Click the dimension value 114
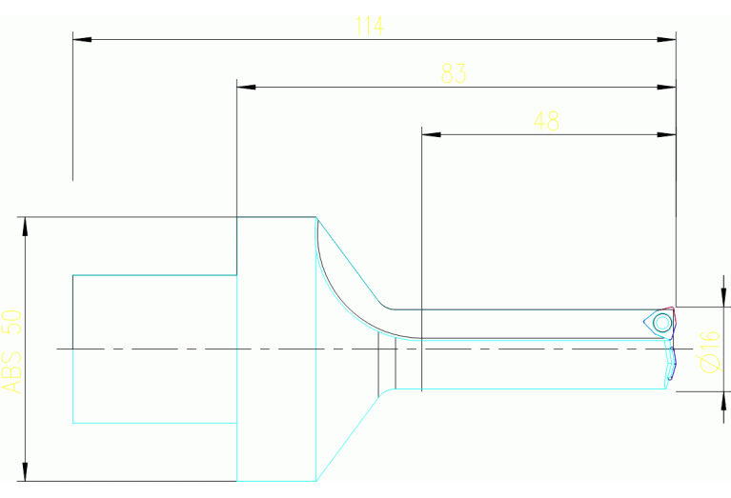[369, 26]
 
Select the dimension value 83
[454, 73]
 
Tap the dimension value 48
[546, 121]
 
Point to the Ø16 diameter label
[710, 351]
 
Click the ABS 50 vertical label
[12, 351]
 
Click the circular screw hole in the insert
[662, 323]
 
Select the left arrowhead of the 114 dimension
[82, 40]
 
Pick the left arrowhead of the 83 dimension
[246, 87]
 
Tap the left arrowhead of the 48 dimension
[431, 134]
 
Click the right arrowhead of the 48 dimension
[666, 134]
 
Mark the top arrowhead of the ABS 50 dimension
[25, 227]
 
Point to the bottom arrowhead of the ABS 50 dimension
[25, 471]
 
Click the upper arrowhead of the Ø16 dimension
[723, 298]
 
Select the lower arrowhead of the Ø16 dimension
[723, 401]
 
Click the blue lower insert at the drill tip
[671, 364]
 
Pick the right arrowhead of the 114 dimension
[666, 40]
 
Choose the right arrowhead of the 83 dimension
[666, 87]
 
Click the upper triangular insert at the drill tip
[660, 323]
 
